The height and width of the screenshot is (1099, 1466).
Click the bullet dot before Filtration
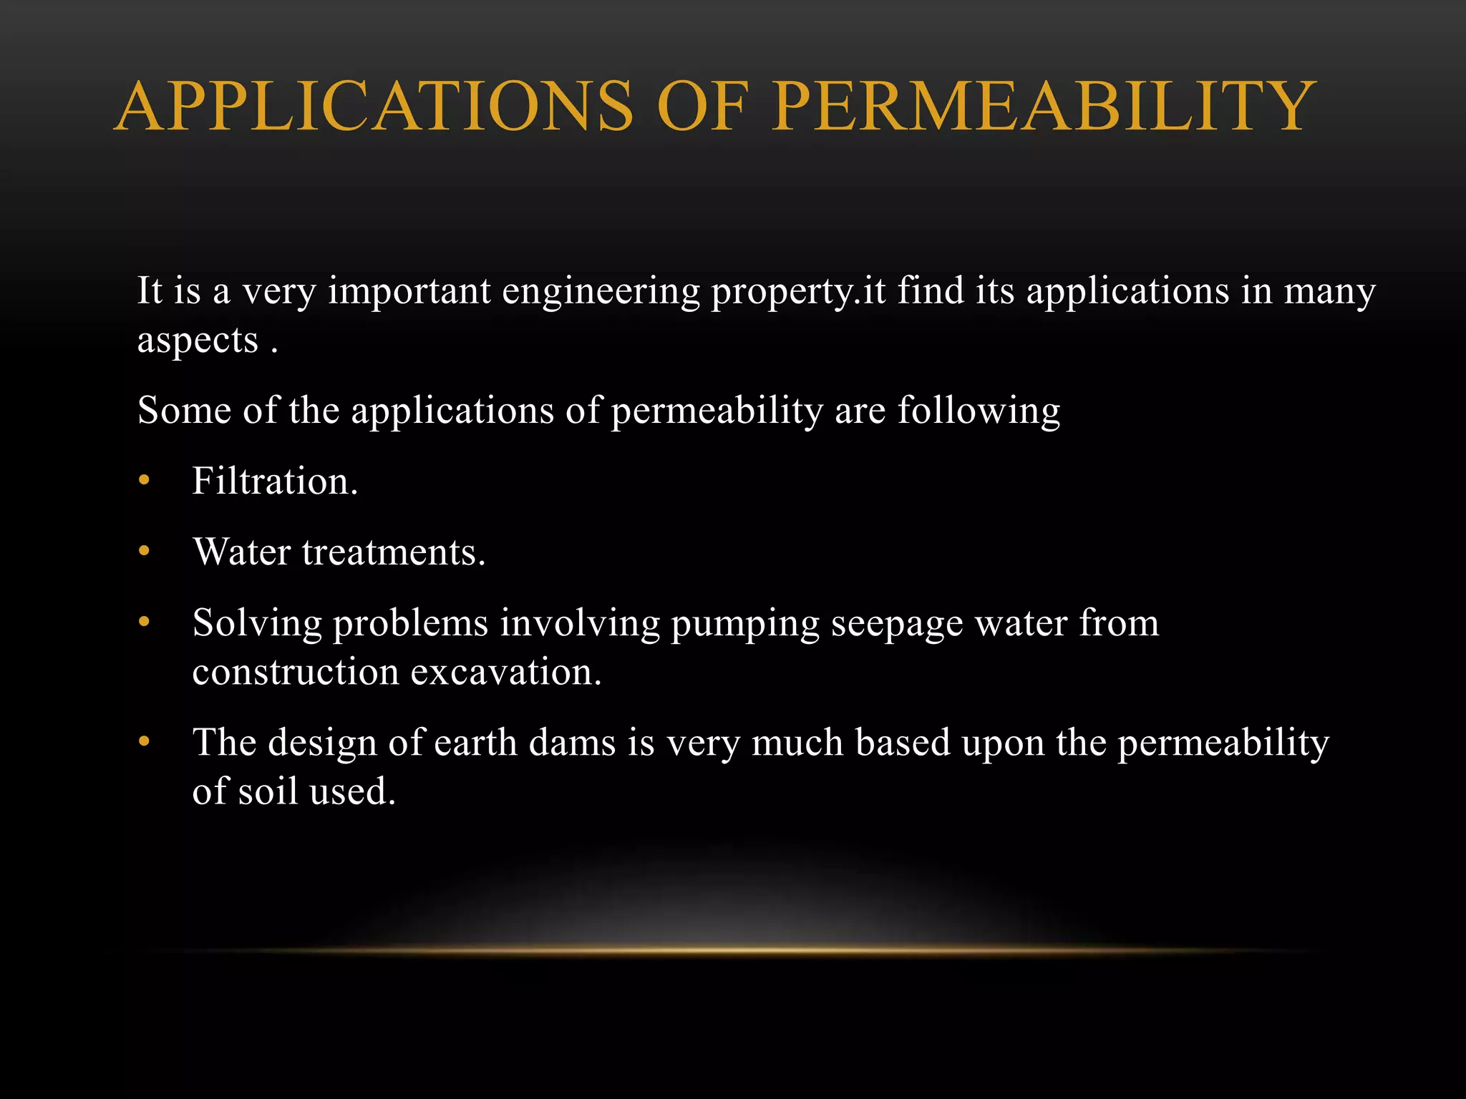pos(145,481)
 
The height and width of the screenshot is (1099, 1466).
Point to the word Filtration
pos(275,481)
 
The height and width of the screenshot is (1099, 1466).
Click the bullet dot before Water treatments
pos(145,552)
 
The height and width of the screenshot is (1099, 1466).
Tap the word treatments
pos(394,552)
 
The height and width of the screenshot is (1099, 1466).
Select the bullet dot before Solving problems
pos(145,622)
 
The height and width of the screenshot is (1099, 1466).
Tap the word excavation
pos(506,672)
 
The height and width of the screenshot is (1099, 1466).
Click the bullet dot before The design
pos(145,742)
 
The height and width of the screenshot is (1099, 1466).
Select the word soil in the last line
pos(268,791)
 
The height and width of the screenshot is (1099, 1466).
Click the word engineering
pos(601,292)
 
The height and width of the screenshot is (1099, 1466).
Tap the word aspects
pos(198,341)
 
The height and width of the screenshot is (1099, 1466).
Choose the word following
pos(979,411)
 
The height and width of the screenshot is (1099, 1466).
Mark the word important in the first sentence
pos(409,292)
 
